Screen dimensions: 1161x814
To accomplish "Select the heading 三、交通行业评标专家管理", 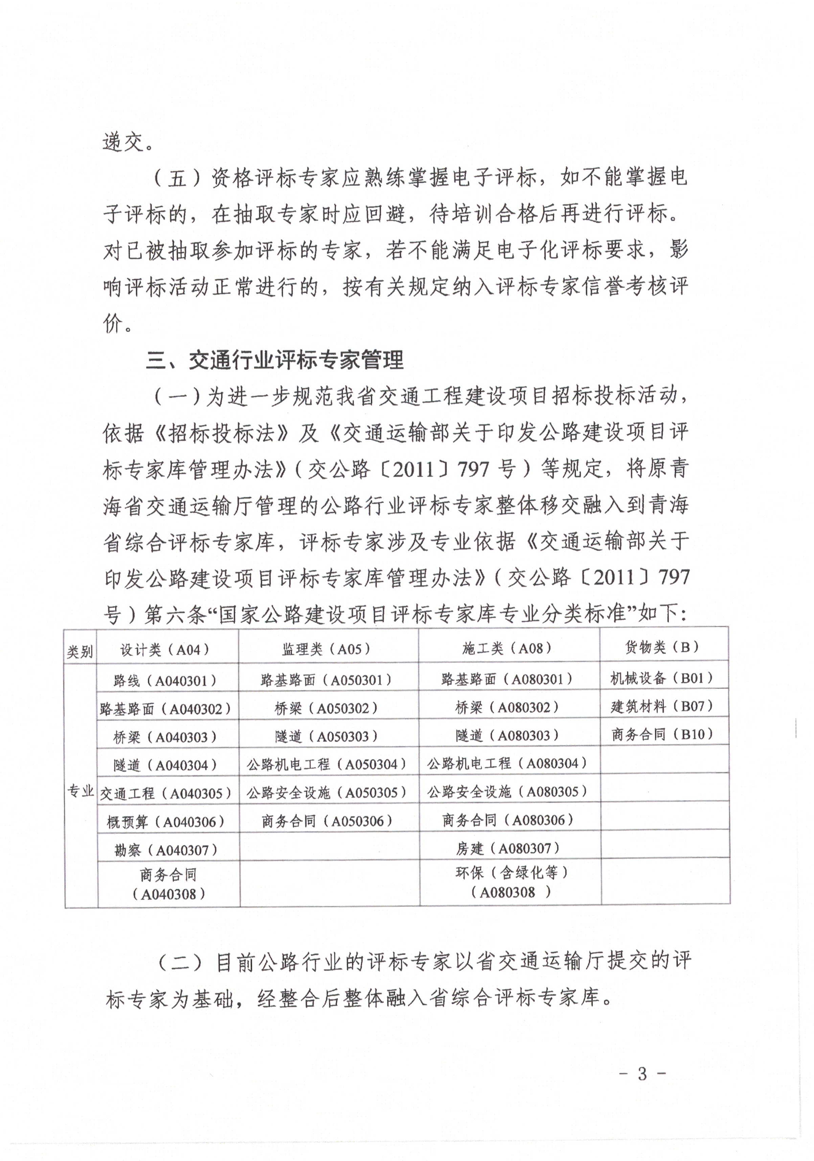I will [275, 360].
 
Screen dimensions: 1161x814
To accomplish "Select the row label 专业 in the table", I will [80, 791].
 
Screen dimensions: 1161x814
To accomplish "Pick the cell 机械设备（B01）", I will [662, 678].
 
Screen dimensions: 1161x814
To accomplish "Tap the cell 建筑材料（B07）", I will [662, 706].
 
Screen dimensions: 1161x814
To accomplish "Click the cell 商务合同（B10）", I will [662, 734].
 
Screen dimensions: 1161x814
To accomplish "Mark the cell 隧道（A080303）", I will [507, 735].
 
